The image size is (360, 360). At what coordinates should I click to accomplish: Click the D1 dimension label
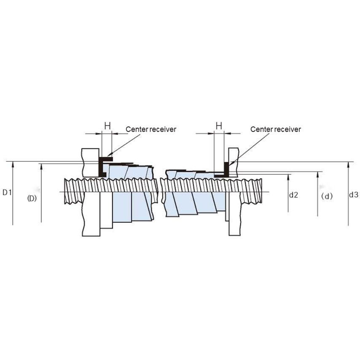[7, 193]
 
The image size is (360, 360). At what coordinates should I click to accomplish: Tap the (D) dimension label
[32, 198]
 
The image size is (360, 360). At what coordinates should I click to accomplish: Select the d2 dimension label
[294, 195]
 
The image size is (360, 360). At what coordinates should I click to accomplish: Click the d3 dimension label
[354, 195]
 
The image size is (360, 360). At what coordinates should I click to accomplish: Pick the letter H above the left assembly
[107, 126]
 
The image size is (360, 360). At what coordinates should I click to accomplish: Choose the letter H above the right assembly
[219, 126]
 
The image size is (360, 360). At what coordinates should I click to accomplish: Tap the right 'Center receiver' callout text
[276, 129]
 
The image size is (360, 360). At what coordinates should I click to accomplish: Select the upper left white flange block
[91, 162]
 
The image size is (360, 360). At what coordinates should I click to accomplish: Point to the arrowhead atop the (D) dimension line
[41, 166]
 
